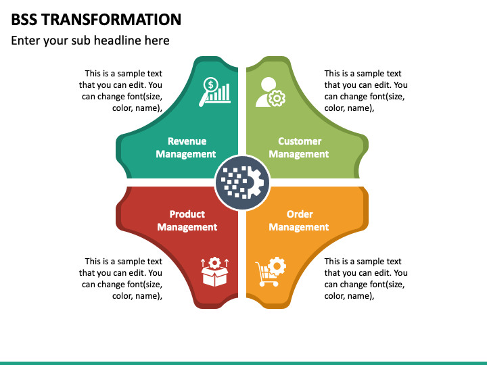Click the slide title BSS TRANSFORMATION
pos(96,19)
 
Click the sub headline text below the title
pos(90,41)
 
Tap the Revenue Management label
pos(187,147)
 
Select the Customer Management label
pos(299,147)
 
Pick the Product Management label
pos(187,220)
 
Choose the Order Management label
pos(299,220)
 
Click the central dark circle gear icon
pos(242,182)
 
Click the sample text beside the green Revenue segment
pos(122,91)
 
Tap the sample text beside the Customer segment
pos(365,91)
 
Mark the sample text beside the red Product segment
pos(122,278)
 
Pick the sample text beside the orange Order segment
pos(365,278)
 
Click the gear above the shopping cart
pos(277,265)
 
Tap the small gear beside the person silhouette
pos(276,99)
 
